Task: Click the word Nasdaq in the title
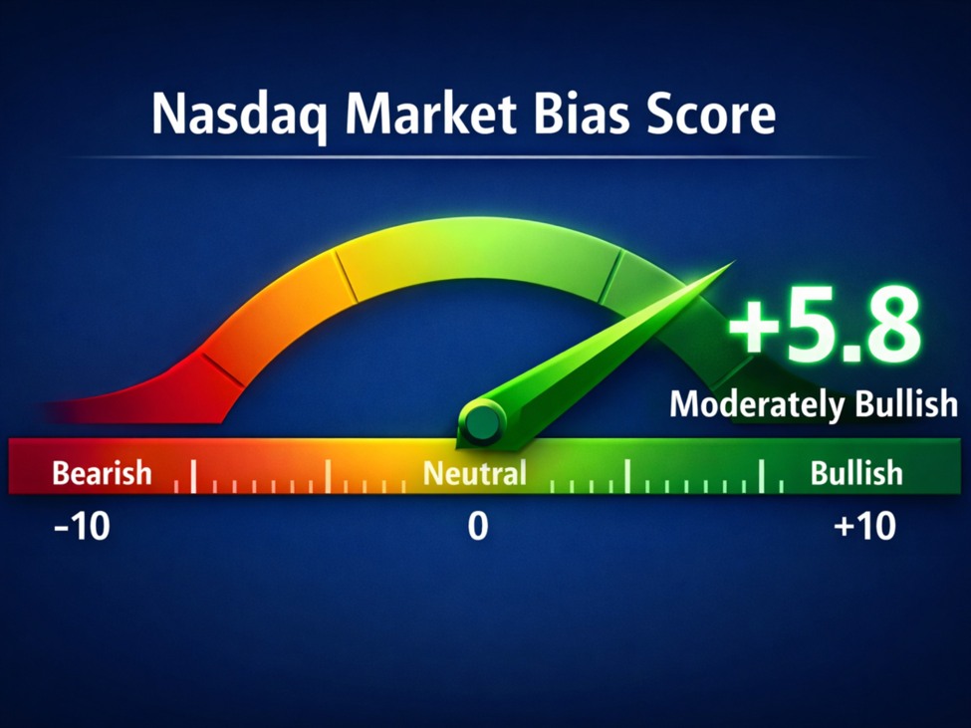point(238,116)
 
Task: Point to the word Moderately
point(757,405)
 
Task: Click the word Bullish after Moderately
point(906,403)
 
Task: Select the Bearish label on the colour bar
point(103,473)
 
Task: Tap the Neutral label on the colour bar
point(475,473)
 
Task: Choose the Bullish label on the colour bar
point(856,473)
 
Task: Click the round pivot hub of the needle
point(482,423)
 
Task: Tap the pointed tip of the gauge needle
point(734,262)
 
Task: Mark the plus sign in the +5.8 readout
point(753,330)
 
